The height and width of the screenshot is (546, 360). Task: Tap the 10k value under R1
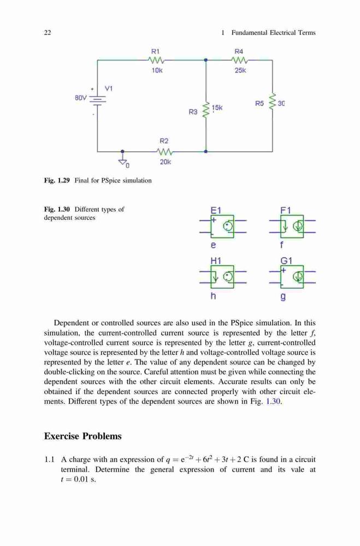157,70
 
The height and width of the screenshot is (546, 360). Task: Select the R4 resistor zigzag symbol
239,60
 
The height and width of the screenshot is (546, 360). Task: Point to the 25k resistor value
240,70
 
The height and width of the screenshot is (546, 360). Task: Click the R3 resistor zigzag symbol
206,110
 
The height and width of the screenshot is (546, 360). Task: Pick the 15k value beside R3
217,108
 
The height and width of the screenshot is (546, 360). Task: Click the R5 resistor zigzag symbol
273,102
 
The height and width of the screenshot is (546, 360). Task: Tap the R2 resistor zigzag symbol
164,152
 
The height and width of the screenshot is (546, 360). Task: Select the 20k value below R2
166,162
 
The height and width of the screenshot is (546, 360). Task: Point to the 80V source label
80,98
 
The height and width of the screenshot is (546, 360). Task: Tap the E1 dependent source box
222,227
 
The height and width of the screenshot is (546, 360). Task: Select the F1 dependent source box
292,227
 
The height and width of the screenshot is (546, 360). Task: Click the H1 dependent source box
222,277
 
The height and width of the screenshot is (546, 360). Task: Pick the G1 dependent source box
292,277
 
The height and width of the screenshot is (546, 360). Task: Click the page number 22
48,33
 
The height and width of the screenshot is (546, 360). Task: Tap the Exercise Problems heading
83,436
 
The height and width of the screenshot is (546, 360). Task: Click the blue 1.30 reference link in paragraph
273,401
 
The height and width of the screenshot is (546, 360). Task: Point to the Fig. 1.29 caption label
57,180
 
